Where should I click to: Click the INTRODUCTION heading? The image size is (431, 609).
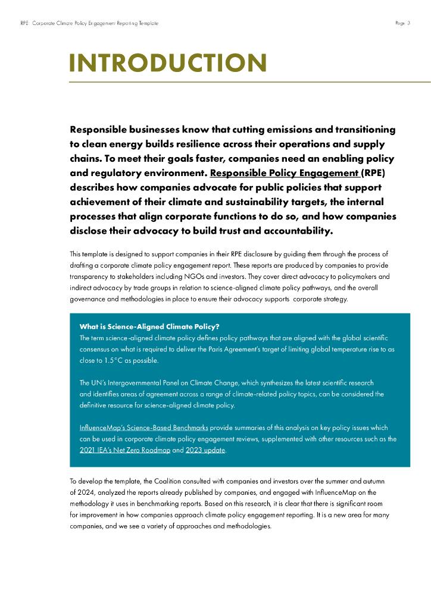(168, 63)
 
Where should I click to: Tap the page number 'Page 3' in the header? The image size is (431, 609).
(403, 23)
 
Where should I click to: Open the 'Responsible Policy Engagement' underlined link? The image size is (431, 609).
(284, 174)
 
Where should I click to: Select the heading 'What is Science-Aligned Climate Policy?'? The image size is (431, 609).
(149, 327)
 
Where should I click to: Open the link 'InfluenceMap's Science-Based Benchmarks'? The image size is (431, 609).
(143, 428)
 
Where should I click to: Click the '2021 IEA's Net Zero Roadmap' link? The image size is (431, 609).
(124, 450)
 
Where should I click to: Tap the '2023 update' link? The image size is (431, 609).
(205, 450)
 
